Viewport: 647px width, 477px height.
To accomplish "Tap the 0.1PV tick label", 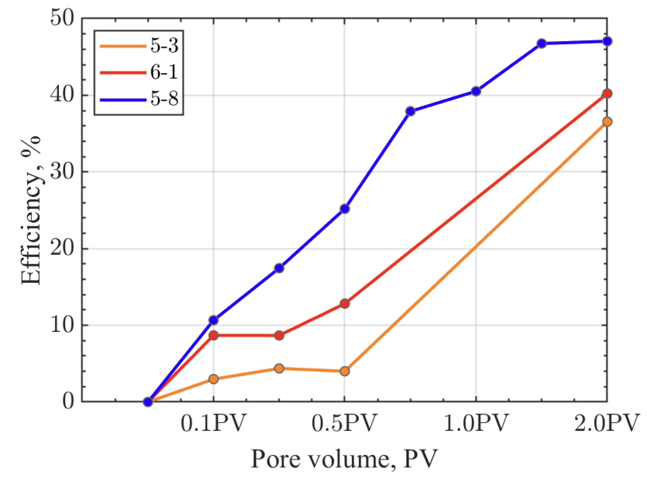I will pos(213,423).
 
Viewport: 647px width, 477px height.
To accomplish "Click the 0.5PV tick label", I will pos(344,423).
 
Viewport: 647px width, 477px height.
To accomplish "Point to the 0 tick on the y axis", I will pos(68,402).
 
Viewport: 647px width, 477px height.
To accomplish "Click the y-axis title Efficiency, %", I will pos(31,210).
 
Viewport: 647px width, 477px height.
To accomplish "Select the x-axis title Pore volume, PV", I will pos(344,459).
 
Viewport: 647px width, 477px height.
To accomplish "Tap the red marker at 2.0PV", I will pos(607,94).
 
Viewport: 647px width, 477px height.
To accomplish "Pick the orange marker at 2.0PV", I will pos(607,122).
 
